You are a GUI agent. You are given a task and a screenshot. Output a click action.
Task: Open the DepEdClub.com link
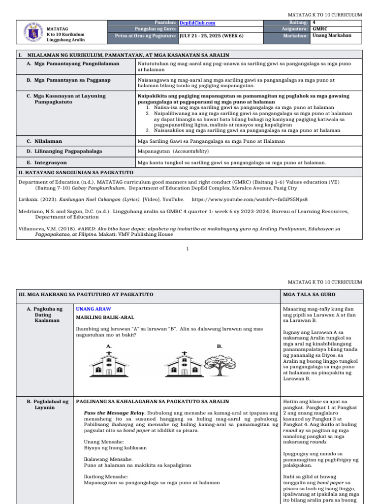[197, 23]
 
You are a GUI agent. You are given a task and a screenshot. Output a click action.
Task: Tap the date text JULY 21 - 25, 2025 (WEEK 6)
[211, 35]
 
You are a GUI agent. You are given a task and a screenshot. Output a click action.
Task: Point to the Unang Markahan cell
[329, 35]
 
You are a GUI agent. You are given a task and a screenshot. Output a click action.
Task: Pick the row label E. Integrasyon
[47, 162]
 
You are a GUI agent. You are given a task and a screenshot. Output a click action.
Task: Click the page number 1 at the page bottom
[188, 249]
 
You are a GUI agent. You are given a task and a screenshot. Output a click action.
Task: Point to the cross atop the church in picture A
[108, 353]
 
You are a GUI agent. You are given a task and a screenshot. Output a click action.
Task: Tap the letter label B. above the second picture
[220, 346]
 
